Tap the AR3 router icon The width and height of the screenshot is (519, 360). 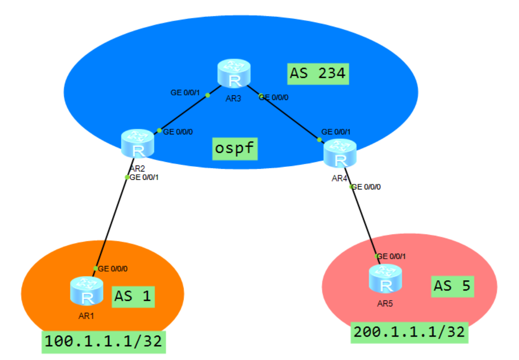[x=234, y=75]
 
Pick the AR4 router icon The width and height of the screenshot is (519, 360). [x=340, y=154]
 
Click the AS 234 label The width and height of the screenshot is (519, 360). [x=318, y=73]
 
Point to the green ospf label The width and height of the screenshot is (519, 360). [x=234, y=149]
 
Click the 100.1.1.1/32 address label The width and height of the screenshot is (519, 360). [x=104, y=342]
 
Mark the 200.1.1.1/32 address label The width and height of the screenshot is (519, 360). [x=409, y=332]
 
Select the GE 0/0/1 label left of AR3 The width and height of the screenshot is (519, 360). [x=185, y=93]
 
